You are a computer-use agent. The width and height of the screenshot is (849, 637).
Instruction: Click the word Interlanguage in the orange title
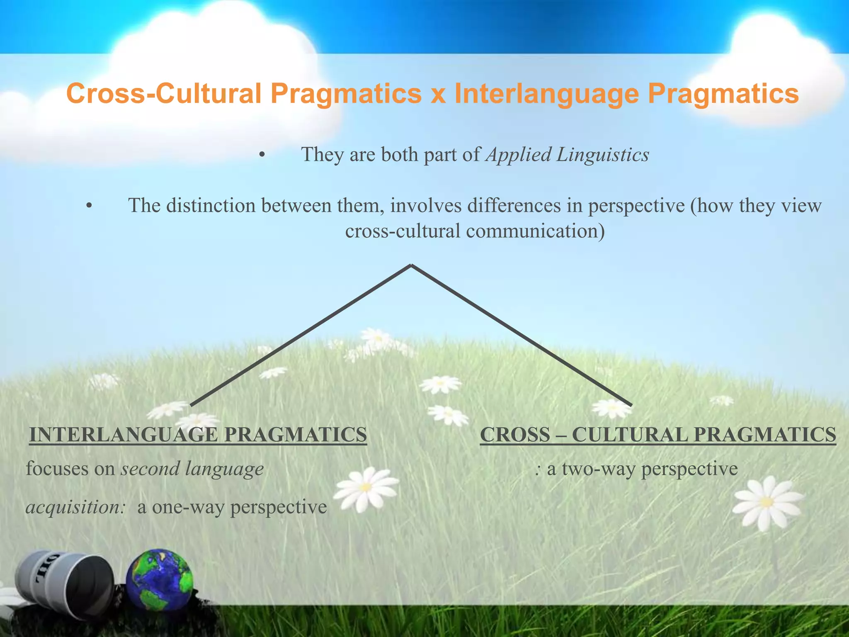click(546, 94)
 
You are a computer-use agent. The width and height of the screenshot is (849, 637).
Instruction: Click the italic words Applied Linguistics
click(568, 155)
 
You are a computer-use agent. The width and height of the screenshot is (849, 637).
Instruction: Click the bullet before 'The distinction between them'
click(89, 207)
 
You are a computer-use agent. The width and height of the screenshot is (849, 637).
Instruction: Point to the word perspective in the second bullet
click(636, 206)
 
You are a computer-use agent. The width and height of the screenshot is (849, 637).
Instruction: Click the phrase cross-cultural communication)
click(475, 231)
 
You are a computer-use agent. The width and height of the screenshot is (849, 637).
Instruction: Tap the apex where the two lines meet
click(411, 266)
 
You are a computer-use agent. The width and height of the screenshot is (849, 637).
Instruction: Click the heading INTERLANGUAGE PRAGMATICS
click(198, 435)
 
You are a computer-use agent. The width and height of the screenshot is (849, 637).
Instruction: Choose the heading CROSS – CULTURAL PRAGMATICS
click(658, 435)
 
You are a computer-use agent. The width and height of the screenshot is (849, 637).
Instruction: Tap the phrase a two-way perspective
click(642, 469)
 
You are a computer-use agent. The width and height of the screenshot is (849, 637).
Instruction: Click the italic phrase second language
click(192, 469)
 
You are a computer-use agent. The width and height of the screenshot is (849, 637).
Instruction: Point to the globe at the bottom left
click(160, 579)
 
